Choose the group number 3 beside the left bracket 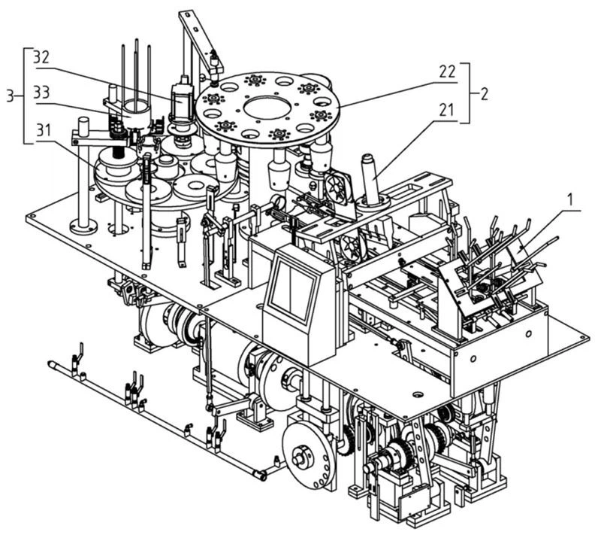10,95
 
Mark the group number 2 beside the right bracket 485,95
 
